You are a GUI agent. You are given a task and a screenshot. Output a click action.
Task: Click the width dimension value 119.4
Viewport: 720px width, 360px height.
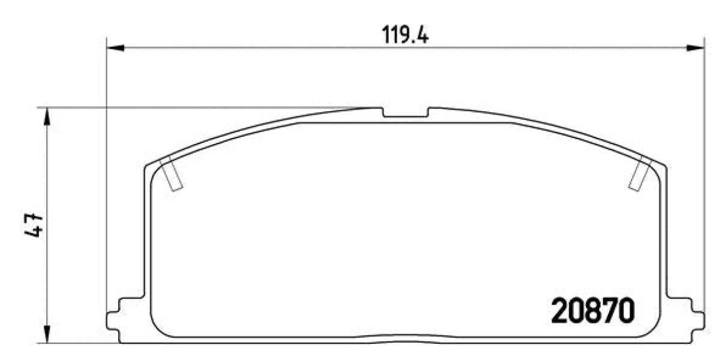point(405,35)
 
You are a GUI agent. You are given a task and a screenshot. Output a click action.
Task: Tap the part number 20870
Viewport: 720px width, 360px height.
point(592,311)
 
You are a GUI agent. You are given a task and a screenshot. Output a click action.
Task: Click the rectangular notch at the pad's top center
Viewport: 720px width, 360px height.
point(405,113)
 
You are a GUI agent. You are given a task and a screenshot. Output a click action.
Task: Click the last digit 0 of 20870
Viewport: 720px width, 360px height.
point(625,311)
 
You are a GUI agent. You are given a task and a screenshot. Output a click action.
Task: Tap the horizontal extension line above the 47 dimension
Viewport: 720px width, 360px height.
point(180,108)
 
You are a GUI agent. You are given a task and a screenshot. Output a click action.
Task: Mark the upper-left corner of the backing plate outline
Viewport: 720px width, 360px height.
point(146,167)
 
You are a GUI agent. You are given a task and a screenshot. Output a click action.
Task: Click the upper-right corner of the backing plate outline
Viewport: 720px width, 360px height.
point(665,167)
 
